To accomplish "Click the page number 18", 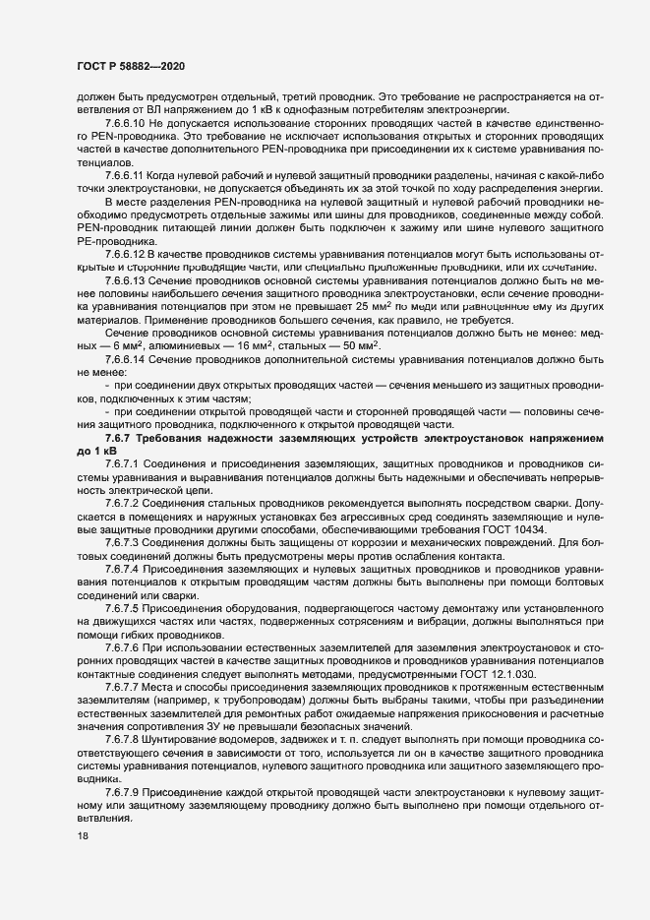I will [x=81, y=837].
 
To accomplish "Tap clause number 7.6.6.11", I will [x=124, y=173].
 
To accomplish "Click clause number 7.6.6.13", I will [x=124, y=279].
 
